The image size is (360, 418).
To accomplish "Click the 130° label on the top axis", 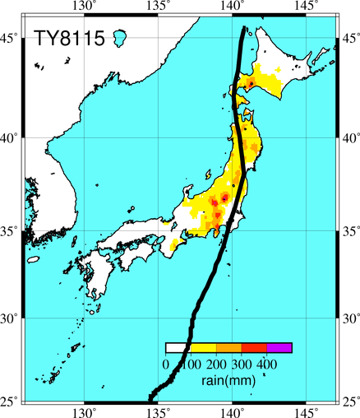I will click(85, 6).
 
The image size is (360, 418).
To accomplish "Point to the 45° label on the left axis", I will click(10, 39).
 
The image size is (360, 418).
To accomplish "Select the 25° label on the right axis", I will click(349, 402).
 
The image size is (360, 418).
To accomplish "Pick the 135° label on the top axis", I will click(159, 6).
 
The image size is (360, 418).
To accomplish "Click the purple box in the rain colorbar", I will click(279, 347).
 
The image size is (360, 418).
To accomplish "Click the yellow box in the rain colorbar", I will click(204, 347).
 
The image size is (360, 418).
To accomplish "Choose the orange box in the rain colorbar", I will click(229, 347).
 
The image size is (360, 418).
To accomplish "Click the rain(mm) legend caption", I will click(228, 380).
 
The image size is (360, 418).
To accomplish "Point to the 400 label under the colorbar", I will click(267, 364).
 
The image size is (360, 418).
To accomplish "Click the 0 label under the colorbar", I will click(166, 364).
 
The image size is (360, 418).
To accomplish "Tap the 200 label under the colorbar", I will click(216, 364).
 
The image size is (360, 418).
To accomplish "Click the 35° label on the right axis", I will click(349, 231).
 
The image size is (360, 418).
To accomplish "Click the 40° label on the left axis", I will click(10, 138).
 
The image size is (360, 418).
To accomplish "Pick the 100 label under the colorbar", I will click(192, 364).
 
